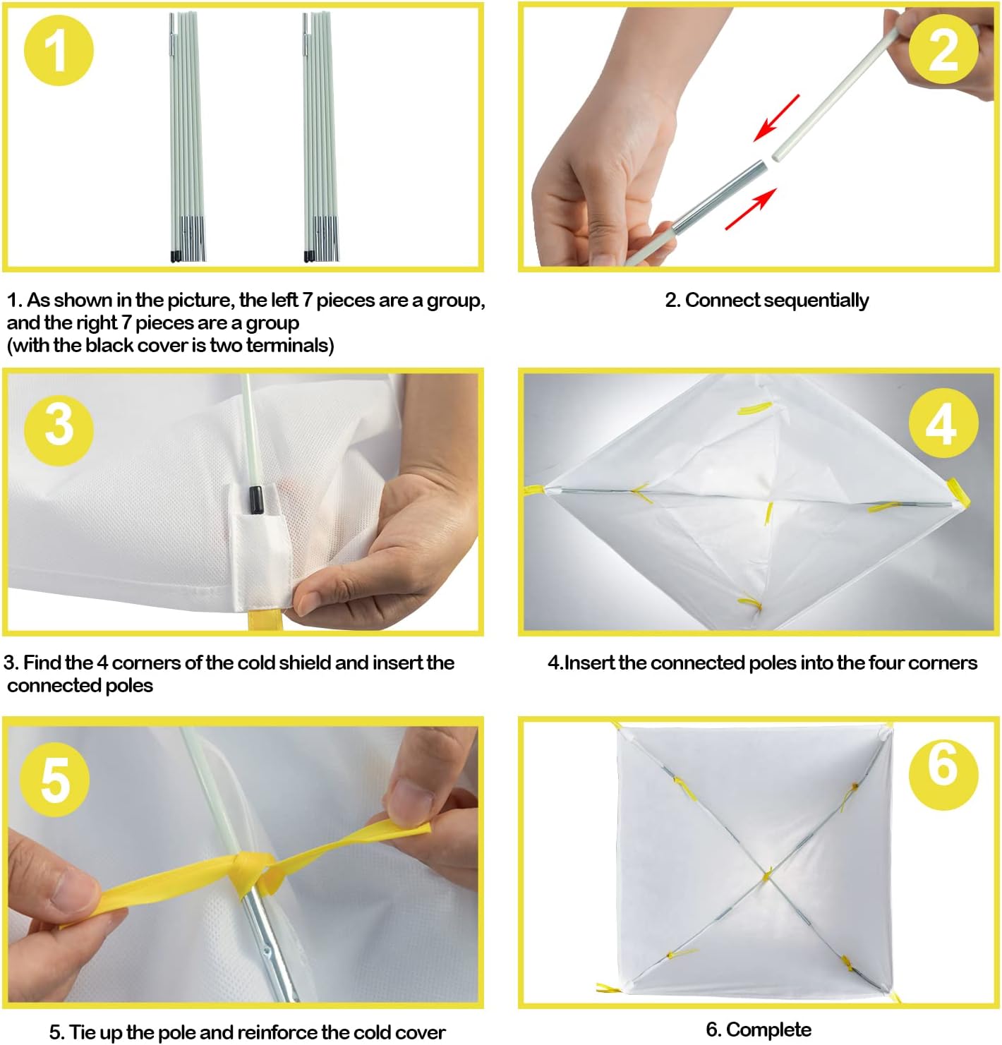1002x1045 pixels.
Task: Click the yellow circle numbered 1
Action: pyautogui.click(x=59, y=50)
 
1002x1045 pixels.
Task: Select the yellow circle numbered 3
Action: pyautogui.click(x=59, y=430)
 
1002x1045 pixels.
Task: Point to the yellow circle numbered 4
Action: pyautogui.click(x=943, y=423)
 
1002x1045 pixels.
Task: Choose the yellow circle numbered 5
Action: pyautogui.click(x=55, y=782)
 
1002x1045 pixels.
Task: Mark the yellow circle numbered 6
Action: pyautogui.click(x=943, y=775)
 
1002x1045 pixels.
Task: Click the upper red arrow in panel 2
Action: pyautogui.click(x=776, y=118)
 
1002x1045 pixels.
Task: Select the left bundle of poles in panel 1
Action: pyautogui.click(x=186, y=137)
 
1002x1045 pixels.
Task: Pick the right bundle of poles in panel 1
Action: pyautogui.click(x=320, y=137)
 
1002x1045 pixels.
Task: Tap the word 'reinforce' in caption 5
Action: pyautogui.click(x=277, y=1032)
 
